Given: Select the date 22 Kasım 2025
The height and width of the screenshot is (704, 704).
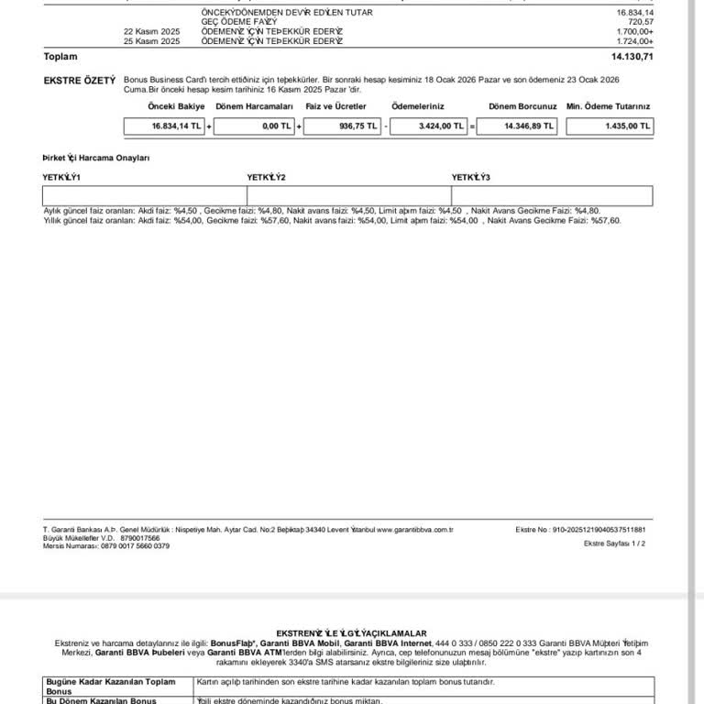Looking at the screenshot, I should pos(152,31).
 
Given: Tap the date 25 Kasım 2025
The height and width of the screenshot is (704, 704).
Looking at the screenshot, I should pos(152,41).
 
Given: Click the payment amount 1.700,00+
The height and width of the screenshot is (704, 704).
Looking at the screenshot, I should pos(634,31).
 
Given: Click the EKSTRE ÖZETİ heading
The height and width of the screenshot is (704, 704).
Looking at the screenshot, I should pos(80,81).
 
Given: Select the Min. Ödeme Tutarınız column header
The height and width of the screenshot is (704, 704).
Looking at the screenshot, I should pos(609,107).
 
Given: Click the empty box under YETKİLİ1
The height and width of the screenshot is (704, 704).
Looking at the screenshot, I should pos(144,195).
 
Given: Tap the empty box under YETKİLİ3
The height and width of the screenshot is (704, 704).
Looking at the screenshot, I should pos(552,195).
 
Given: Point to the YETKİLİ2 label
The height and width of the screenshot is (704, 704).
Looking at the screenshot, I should pos(267,177).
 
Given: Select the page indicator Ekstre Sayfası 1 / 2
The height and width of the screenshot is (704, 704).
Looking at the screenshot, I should pos(614,544).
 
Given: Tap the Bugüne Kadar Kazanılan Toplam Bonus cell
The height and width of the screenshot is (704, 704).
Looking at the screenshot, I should pos(117,686).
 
